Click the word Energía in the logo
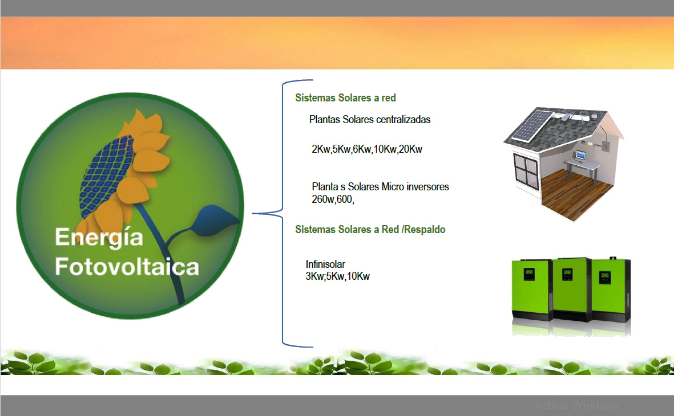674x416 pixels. (x=99, y=238)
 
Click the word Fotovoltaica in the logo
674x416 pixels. (x=127, y=267)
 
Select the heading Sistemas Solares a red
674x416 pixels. (x=345, y=98)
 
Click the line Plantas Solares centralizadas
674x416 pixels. (x=370, y=119)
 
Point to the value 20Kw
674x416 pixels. (x=410, y=149)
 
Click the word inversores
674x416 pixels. (x=427, y=187)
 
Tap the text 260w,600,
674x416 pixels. (x=333, y=199)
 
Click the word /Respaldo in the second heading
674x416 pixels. (x=423, y=230)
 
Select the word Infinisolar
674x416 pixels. (x=325, y=264)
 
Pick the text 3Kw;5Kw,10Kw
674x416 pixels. (x=337, y=276)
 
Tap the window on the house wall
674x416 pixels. (x=526, y=170)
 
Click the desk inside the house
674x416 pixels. (x=582, y=168)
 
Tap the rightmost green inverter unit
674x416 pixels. (x=611, y=290)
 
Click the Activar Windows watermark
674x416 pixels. (x=576, y=405)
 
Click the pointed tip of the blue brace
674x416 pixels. (x=252, y=213)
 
